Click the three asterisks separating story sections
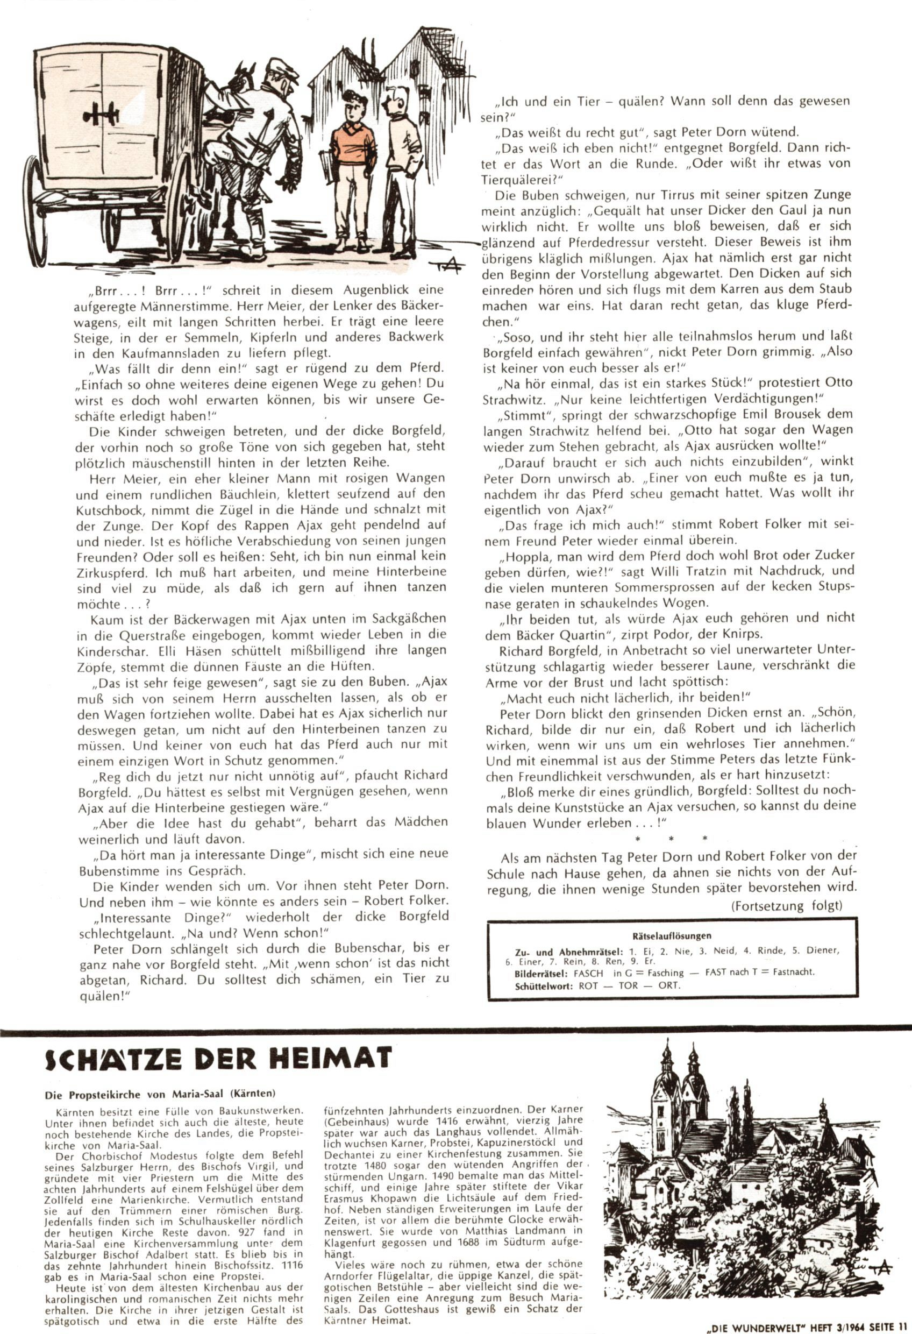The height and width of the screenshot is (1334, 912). point(670,839)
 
